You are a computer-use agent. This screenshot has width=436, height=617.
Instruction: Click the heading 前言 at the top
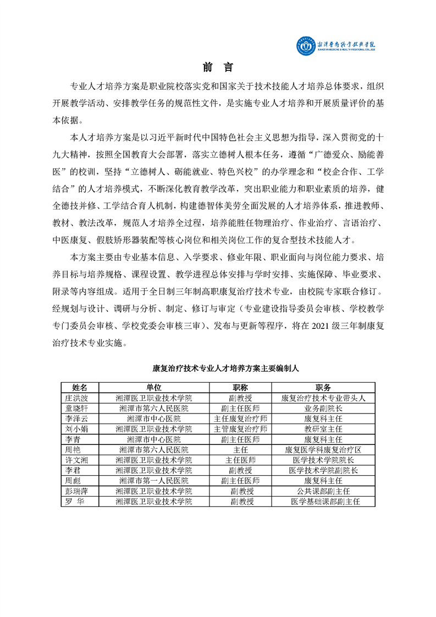click(218, 68)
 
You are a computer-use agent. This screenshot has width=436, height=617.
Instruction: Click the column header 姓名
click(80, 387)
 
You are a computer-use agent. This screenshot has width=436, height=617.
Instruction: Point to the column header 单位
click(154, 387)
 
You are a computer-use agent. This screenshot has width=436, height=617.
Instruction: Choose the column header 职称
click(241, 387)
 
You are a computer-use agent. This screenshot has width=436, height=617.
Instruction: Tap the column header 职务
click(323, 387)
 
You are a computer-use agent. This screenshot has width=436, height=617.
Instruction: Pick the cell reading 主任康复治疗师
click(241, 418)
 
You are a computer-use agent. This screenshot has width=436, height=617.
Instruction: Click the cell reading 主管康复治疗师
click(241, 428)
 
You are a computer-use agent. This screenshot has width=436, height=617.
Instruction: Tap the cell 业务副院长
click(323, 408)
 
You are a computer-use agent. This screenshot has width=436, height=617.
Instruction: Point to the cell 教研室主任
click(323, 428)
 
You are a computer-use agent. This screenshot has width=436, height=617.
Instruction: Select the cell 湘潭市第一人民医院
click(154, 481)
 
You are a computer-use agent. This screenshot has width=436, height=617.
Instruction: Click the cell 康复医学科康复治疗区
click(323, 449)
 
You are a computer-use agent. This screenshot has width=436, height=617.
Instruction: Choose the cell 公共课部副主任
click(323, 491)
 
